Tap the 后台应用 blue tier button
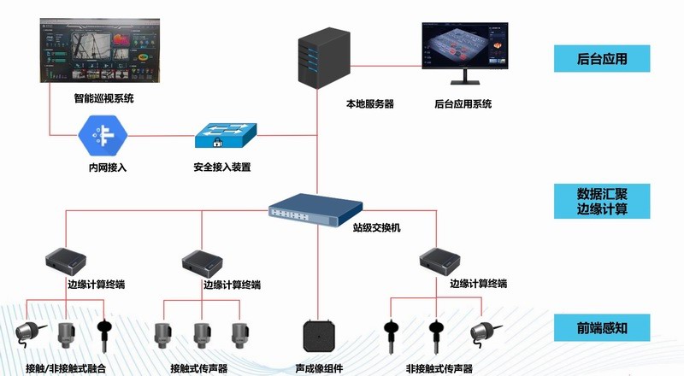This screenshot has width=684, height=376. pos(602,59)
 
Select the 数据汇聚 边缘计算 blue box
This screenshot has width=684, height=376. pos(602,200)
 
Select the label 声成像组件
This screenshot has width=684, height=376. pos(319,368)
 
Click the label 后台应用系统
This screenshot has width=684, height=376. pos(463,104)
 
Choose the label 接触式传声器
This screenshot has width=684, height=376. pos(199,368)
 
